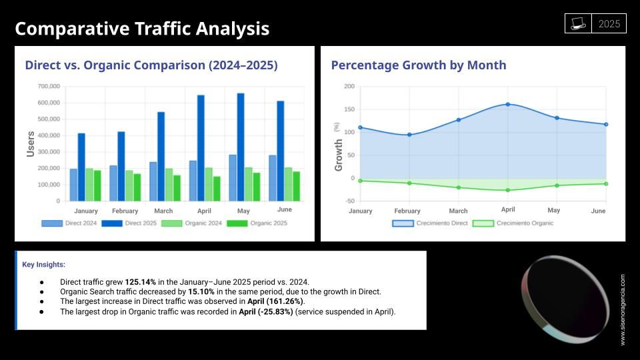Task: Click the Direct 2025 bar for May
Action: coord(241,147)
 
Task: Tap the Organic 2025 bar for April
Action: coord(217,189)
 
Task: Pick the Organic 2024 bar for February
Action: coord(129,185)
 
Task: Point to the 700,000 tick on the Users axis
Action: coord(49,87)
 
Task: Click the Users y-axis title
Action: coord(31,144)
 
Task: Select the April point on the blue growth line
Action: coord(507,104)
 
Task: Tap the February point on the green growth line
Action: coord(409,183)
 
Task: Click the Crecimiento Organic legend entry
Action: coord(513,223)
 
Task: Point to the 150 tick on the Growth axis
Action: coord(349,109)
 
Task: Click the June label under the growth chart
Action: coord(598,211)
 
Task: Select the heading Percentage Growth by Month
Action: coord(419,65)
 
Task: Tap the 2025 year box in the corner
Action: coord(609,24)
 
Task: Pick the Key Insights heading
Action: coord(44,265)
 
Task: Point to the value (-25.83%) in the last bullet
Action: coord(266,311)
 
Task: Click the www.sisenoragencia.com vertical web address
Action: coord(623,309)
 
